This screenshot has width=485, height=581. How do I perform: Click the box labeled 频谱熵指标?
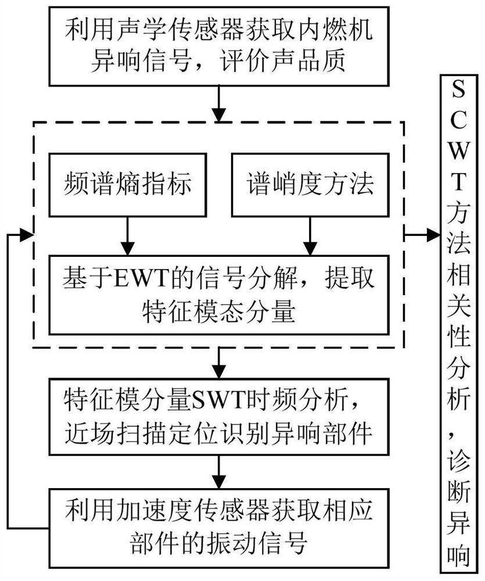[127, 185]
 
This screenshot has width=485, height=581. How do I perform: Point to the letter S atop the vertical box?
[459, 93]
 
